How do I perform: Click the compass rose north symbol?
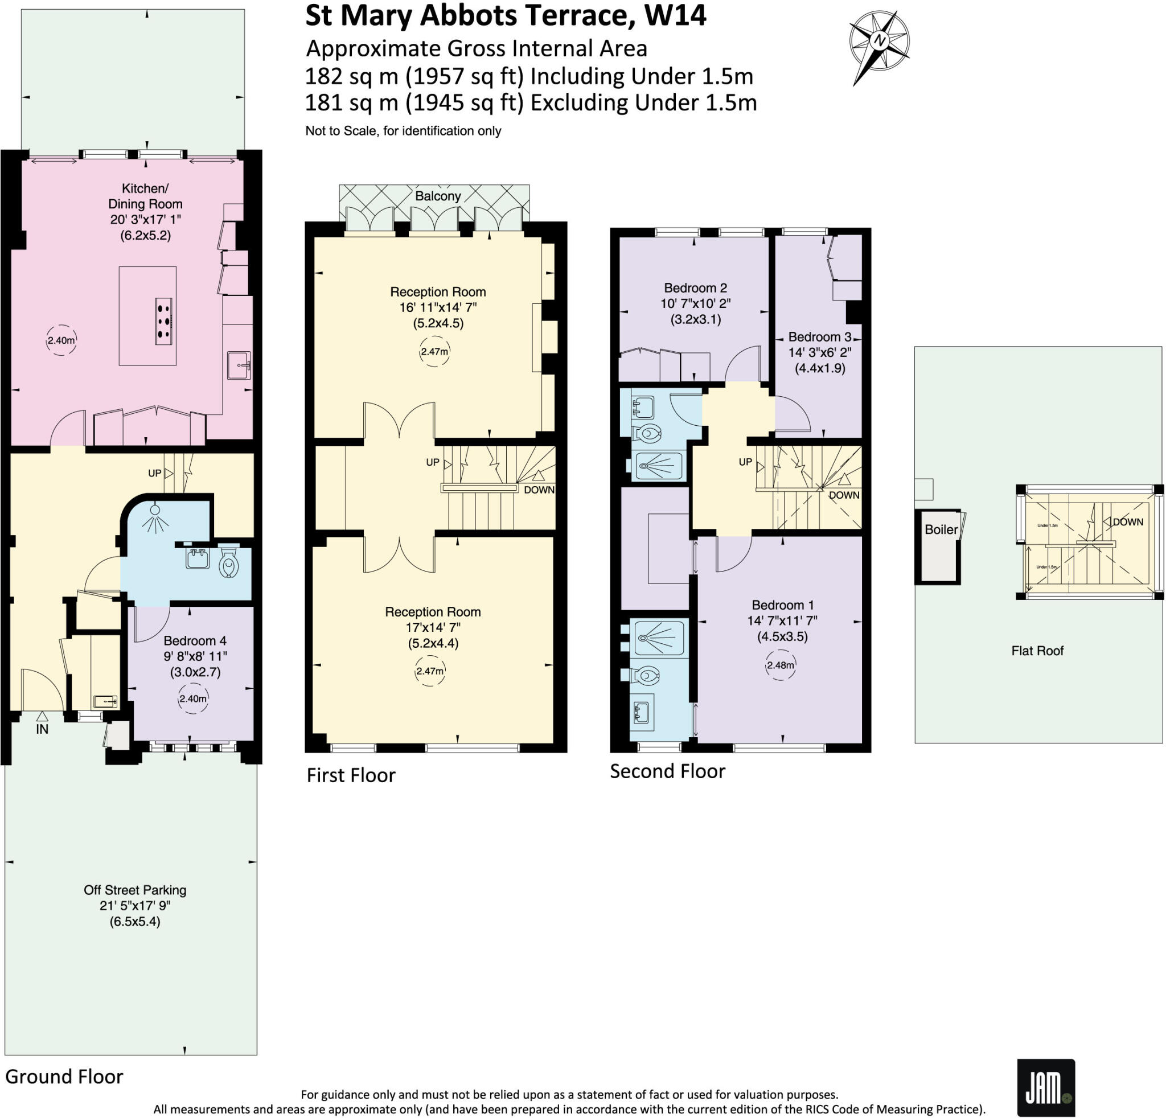tap(878, 40)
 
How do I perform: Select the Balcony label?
tap(438, 196)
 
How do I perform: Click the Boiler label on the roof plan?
tap(941, 529)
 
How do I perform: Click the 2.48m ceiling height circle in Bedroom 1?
tap(780, 665)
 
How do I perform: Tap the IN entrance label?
tap(42, 729)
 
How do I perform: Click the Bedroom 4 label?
tap(195, 640)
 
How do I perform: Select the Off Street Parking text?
tap(135, 890)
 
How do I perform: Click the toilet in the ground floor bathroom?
tap(229, 563)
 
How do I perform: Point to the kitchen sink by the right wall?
tap(239, 364)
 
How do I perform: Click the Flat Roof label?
tap(1037, 651)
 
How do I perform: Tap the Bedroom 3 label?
tap(819, 336)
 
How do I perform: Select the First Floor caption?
tap(350, 775)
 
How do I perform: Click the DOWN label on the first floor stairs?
tap(539, 490)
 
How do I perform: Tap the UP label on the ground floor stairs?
tap(154, 473)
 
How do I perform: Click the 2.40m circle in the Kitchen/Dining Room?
tap(61, 341)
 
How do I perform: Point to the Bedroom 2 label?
tap(695, 288)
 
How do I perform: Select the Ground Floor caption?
tap(64, 1076)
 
